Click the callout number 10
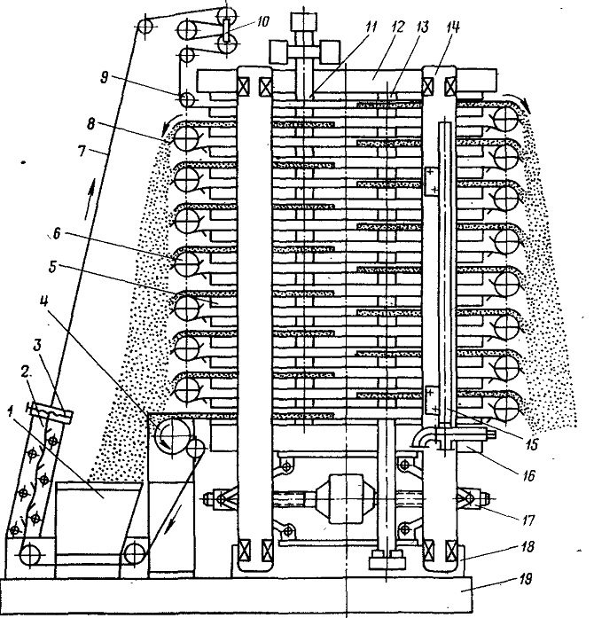click(x=260, y=21)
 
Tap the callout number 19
click(x=525, y=579)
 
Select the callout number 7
click(x=82, y=151)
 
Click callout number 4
click(x=43, y=301)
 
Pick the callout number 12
click(x=397, y=27)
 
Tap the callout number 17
click(x=528, y=520)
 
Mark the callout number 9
click(x=104, y=77)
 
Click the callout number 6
click(x=57, y=234)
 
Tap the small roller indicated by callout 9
click(x=186, y=99)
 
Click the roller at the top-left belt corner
click(x=145, y=27)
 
